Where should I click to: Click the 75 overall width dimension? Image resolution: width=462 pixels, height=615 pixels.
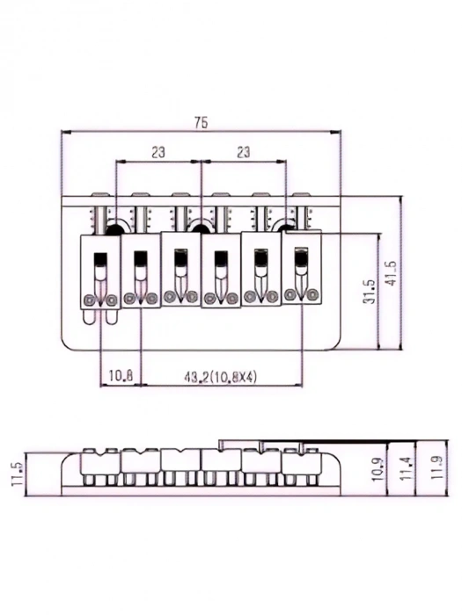pos(202,124)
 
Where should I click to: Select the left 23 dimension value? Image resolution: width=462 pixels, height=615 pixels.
pos(158,152)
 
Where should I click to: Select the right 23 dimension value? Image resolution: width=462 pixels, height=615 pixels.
pos(244,152)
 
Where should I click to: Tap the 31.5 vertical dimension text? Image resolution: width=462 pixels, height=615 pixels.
pos(370,291)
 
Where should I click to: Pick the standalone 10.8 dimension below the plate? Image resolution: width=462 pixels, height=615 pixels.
pos(121,377)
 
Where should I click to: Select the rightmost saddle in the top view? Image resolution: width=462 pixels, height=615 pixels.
pos(302,268)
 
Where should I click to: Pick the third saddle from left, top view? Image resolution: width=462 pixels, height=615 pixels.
pos(180,270)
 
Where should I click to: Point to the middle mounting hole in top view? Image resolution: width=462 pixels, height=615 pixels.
pos(201,228)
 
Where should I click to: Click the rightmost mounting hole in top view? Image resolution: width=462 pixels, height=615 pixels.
pos(286,228)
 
